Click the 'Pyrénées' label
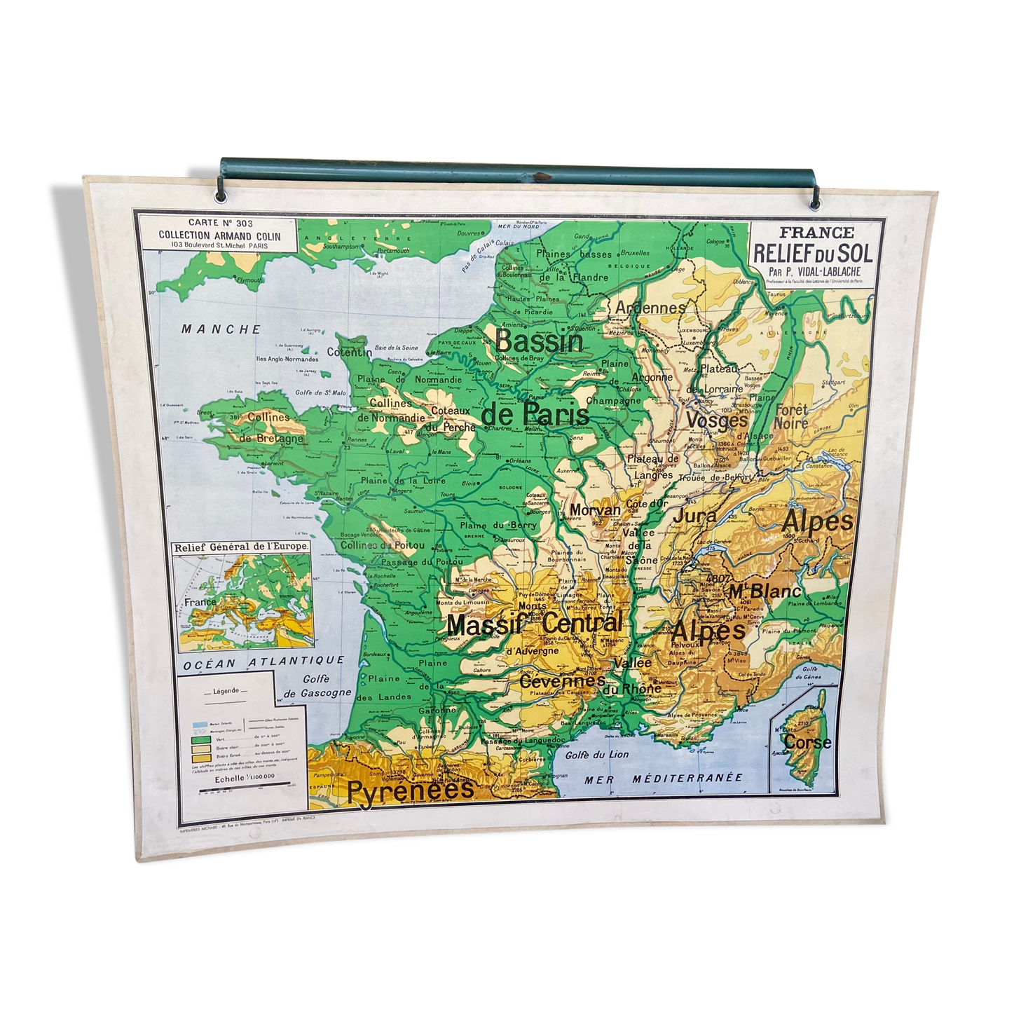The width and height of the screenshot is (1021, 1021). [411, 790]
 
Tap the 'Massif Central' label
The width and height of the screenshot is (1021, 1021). [534, 623]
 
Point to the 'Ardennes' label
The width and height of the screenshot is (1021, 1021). [650, 307]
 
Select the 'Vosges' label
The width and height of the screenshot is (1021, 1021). [716, 420]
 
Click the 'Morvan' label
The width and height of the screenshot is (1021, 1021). [595, 510]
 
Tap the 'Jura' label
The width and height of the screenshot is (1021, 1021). [695, 517]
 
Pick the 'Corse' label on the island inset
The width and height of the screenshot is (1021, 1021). [808, 741]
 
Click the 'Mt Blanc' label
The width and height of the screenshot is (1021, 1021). [763, 592]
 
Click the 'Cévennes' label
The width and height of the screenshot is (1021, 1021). [562, 680]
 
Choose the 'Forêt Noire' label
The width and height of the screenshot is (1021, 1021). [790, 416]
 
